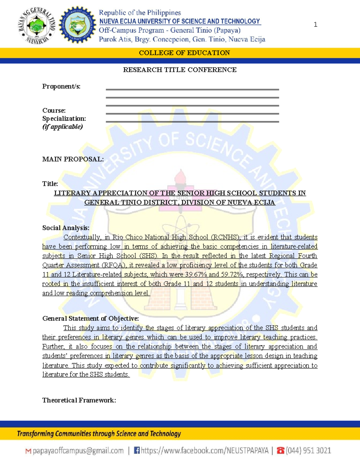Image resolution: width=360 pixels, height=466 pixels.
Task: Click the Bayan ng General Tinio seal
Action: (37, 26)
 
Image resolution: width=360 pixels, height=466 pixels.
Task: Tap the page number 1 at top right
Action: (315, 25)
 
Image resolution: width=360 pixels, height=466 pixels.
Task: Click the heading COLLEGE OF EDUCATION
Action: (184, 53)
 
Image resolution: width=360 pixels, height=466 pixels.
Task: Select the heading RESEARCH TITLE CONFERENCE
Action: (180, 70)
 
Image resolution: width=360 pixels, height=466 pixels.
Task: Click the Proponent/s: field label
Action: (61, 86)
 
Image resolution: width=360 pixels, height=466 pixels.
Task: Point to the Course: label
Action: (54, 110)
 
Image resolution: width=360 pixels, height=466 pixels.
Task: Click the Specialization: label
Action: (64, 119)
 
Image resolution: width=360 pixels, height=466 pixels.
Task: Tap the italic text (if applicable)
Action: (62, 127)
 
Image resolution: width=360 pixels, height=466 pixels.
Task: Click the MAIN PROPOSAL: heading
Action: (73, 159)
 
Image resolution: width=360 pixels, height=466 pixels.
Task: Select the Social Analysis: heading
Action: (66, 228)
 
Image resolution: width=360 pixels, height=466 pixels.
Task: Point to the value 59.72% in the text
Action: (232, 274)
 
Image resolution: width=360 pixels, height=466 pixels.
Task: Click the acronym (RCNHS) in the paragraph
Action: (225, 237)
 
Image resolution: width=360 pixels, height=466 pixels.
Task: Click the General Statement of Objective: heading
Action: (90, 318)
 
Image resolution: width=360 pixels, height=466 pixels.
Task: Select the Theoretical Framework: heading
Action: (79, 400)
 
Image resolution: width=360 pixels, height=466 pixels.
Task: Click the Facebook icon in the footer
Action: (137, 450)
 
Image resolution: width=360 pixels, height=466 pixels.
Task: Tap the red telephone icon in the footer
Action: (280, 450)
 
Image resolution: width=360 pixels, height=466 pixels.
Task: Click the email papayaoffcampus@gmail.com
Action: (78, 451)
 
